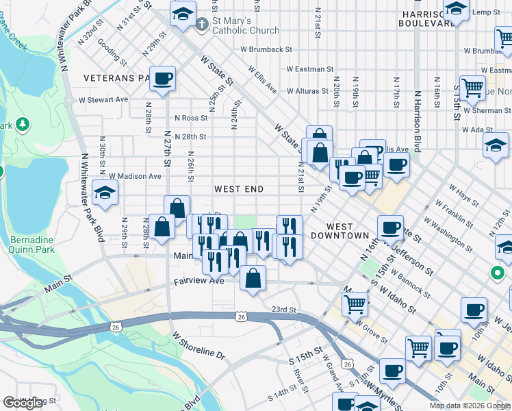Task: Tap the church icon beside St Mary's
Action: (202, 26)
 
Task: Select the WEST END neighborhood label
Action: (238, 189)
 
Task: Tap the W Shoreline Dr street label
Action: (199, 347)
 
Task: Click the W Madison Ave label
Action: (135, 176)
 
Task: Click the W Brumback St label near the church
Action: (266, 49)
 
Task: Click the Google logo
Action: (23, 403)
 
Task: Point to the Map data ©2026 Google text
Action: (469, 406)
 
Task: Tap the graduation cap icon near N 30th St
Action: (105, 194)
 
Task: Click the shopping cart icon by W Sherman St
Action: (472, 88)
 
